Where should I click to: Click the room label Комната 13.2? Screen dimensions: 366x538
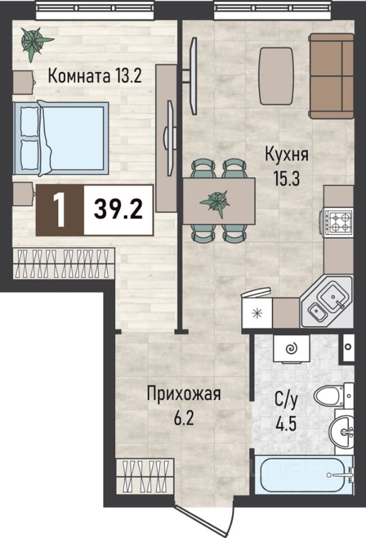click(95, 76)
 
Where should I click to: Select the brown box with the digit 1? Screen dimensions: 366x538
click(60, 210)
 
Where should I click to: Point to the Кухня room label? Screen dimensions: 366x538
click(287, 155)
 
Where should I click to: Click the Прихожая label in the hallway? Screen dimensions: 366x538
click(184, 394)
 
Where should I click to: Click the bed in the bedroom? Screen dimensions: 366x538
click(61, 138)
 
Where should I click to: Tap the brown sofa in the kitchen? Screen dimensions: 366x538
click(331, 76)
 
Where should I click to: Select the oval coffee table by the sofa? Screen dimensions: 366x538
click(276, 76)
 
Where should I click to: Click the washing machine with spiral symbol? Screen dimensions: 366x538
click(291, 349)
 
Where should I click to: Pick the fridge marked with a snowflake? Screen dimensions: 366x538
click(257, 313)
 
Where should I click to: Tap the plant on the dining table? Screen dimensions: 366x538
click(215, 202)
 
